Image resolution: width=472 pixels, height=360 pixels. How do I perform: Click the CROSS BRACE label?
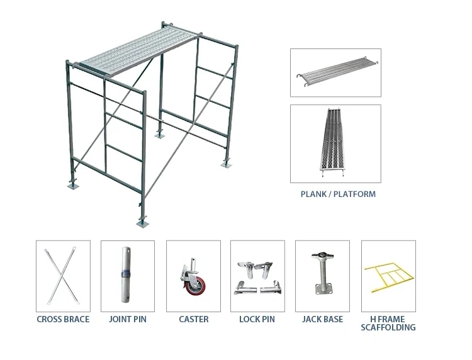63,319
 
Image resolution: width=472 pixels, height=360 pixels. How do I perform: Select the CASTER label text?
193,319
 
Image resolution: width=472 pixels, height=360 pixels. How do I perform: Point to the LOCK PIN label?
257,319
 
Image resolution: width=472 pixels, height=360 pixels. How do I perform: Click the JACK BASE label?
322,319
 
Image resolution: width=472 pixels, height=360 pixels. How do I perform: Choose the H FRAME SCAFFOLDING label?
388,323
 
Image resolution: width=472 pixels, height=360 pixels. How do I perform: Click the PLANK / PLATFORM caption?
338,194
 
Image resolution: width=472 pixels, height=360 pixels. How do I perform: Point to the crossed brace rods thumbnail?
63,276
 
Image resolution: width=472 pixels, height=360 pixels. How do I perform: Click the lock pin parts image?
257,277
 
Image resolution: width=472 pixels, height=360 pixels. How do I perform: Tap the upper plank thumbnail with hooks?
335,73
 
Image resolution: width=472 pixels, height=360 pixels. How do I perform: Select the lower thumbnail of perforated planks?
335,143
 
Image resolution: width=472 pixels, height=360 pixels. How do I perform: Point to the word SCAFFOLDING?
388,327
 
